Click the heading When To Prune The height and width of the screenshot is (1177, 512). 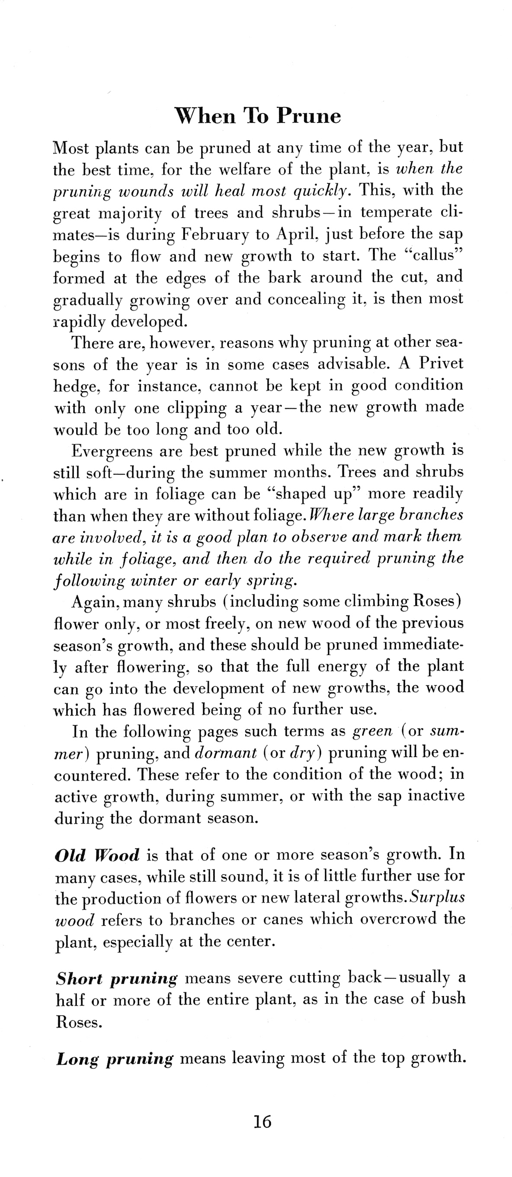(258, 116)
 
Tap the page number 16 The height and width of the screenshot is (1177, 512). (262, 1121)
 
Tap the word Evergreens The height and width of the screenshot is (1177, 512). (112, 451)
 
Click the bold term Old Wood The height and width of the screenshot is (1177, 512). (97, 855)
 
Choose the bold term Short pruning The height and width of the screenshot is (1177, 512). (116, 978)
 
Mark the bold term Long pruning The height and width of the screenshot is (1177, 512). (115, 1059)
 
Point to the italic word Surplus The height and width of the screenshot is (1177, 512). (437, 897)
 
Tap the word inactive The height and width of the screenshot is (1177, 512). (436, 795)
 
